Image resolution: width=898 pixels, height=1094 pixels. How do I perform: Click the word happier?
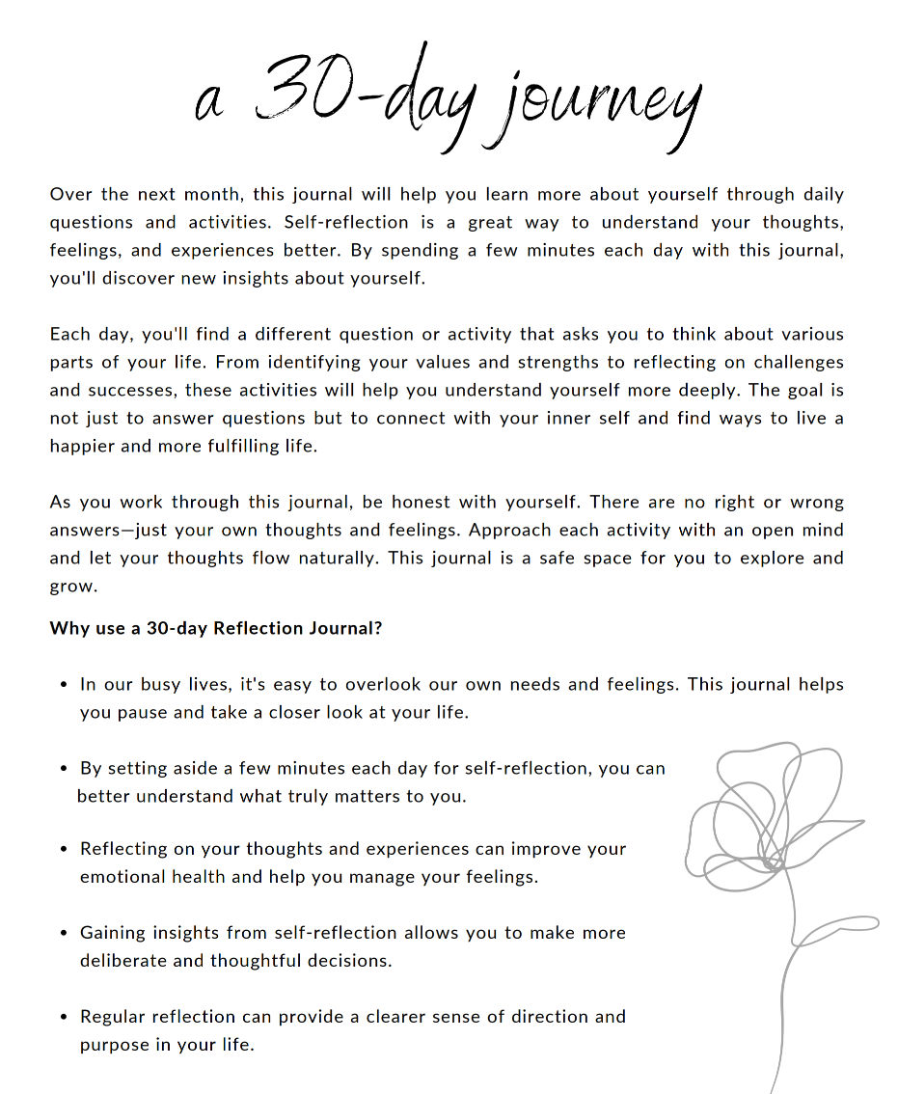point(86,447)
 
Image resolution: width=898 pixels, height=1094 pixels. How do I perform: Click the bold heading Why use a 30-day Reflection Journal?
point(216,629)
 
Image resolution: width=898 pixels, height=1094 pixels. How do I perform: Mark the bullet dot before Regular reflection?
point(63,1018)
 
